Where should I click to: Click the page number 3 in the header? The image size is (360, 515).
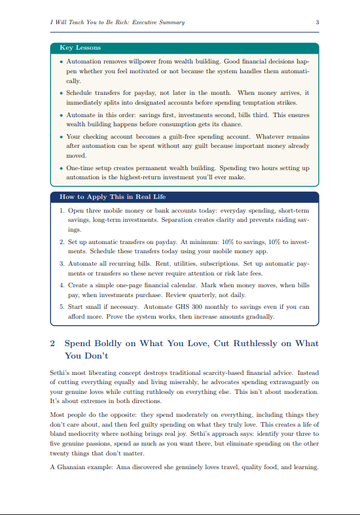pos(317,22)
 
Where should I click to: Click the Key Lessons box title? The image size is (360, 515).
pos(80,48)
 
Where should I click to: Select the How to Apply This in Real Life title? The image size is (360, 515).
pos(109,196)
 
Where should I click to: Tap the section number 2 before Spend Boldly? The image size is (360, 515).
pos(53,343)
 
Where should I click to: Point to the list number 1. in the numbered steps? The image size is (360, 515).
pos(62,211)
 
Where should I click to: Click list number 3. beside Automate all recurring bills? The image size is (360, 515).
pos(62,262)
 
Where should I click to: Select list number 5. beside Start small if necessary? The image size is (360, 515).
pos(62,306)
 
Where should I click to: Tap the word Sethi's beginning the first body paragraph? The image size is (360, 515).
pos(61,372)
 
